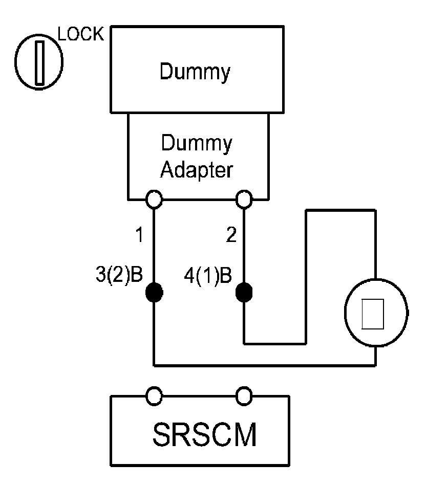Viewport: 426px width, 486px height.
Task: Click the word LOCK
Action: point(80,34)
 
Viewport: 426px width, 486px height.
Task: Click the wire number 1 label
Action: point(138,236)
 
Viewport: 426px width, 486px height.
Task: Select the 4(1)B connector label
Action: point(208,276)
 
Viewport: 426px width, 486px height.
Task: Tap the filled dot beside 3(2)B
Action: point(154,292)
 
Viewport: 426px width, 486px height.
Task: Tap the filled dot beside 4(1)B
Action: point(244,292)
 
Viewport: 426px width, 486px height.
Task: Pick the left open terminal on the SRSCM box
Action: point(154,395)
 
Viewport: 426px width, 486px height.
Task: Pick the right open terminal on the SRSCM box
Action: point(244,395)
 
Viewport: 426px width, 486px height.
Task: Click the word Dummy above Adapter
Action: point(196,144)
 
